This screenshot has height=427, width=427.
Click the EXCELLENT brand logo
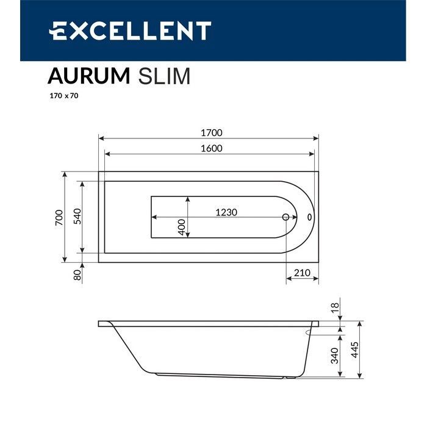(x=130, y=30)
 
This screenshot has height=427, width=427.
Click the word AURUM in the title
(x=88, y=76)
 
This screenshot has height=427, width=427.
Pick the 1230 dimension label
(x=226, y=212)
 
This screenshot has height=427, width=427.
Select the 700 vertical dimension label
(x=59, y=217)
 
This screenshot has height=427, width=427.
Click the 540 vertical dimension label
(x=77, y=217)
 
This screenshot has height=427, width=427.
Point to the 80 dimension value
(x=77, y=275)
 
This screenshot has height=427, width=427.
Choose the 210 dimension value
(x=302, y=273)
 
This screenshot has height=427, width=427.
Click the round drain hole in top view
(x=285, y=217)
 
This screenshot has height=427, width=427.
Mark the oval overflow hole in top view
(x=309, y=217)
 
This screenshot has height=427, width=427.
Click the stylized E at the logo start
(x=59, y=30)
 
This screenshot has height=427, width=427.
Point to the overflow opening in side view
(x=306, y=333)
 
